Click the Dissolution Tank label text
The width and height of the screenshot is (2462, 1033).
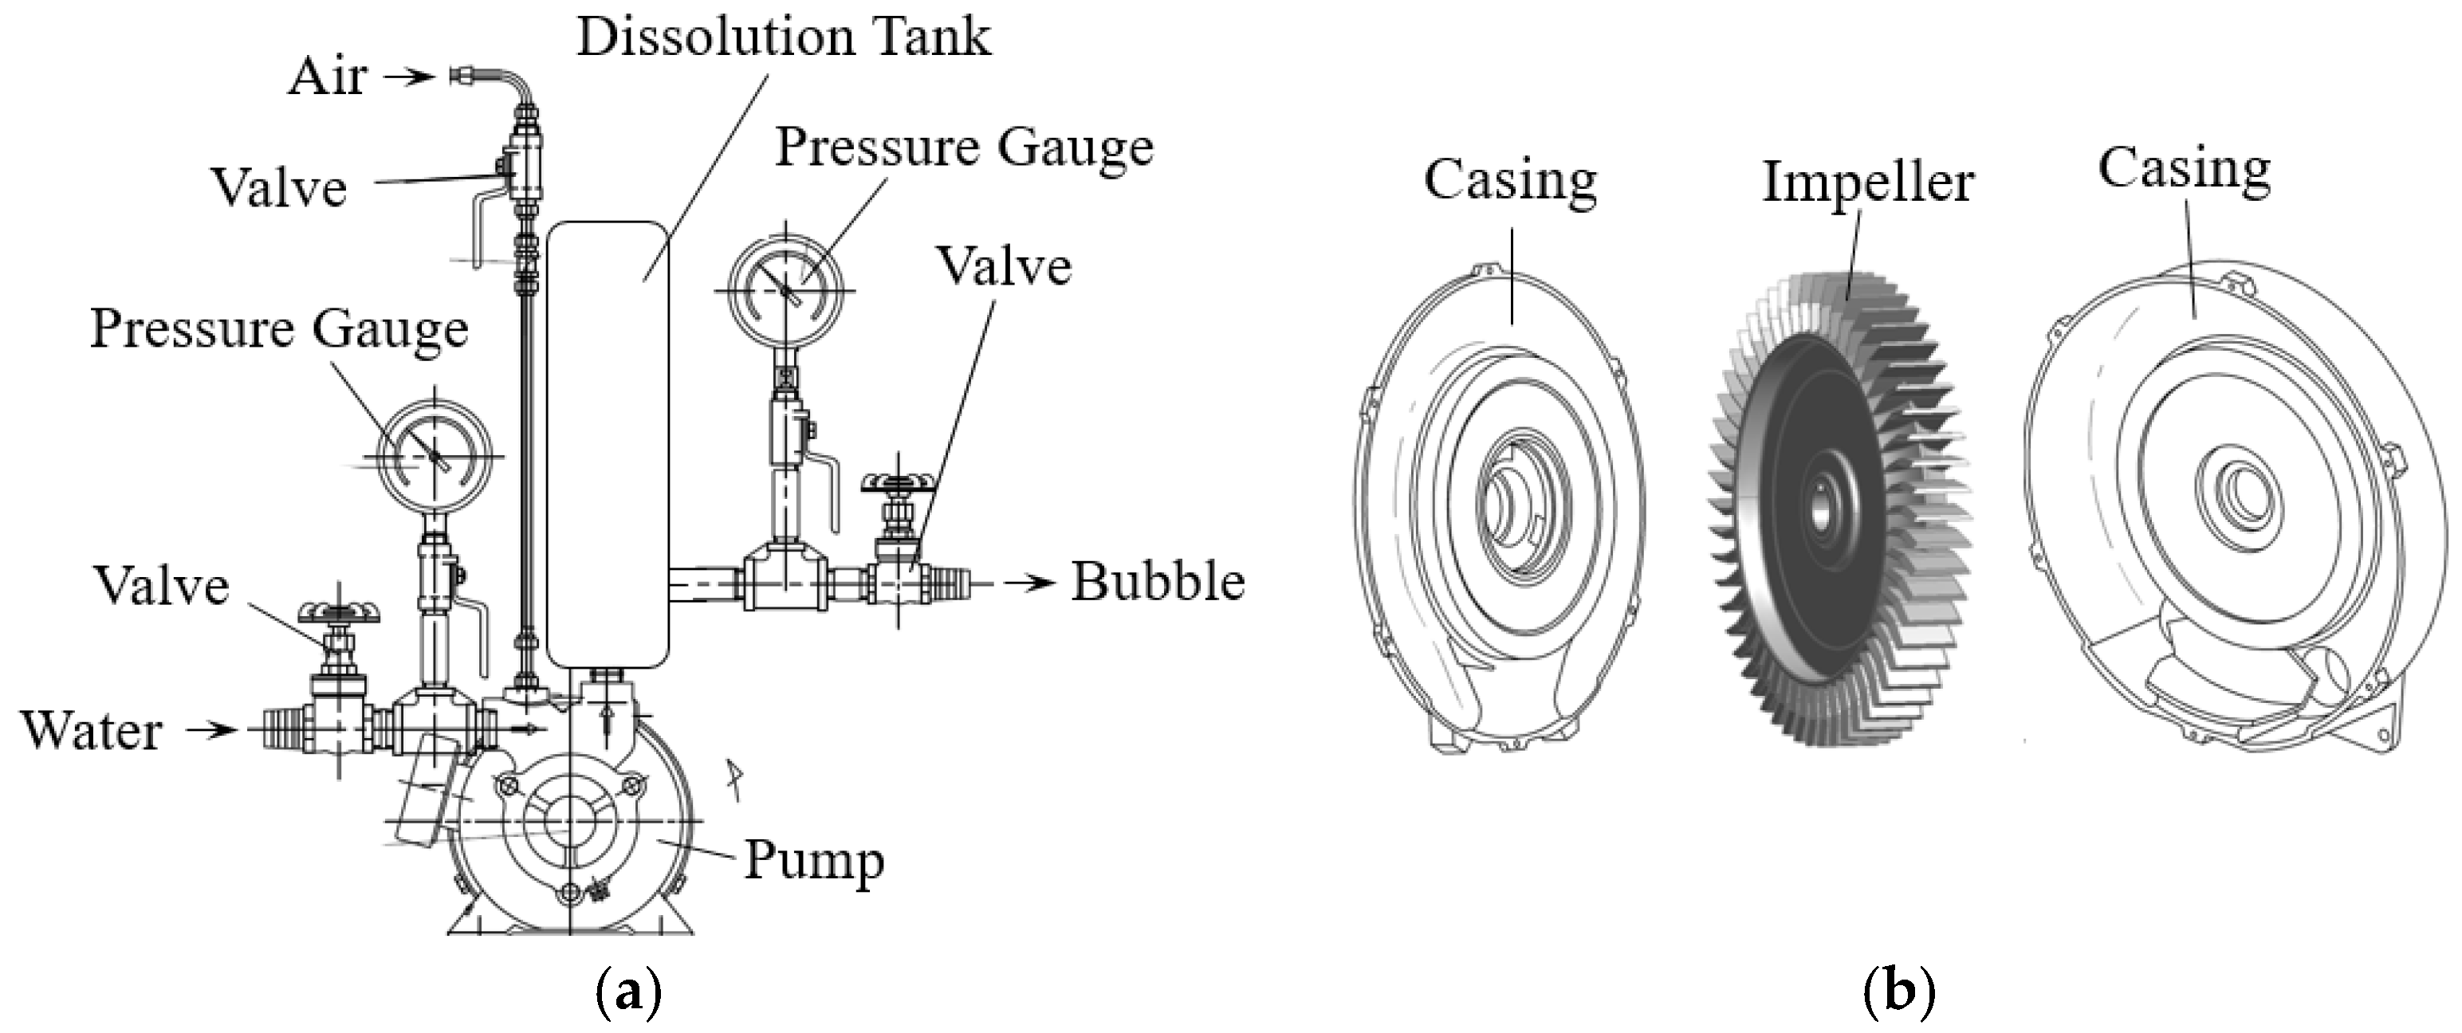point(784,38)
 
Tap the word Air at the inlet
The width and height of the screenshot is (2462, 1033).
point(327,77)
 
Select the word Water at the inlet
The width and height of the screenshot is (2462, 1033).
point(92,731)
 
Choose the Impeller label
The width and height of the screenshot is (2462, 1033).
point(1867,182)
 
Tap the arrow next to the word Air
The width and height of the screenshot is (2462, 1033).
point(409,77)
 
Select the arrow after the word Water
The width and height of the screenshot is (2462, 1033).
point(210,731)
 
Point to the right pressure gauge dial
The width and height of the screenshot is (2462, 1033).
point(788,288)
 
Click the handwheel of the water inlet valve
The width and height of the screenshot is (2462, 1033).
point(340,611)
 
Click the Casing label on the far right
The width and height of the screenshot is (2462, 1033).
point(2184,170)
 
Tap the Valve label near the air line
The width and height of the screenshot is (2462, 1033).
point(278,187)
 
